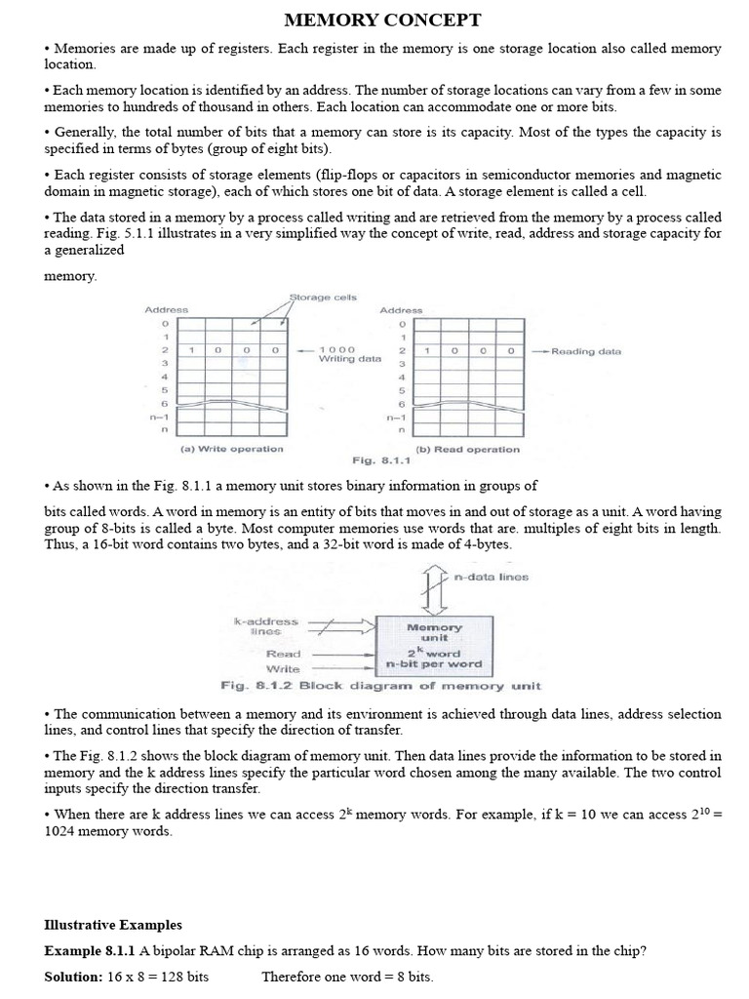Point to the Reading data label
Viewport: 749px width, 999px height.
585,351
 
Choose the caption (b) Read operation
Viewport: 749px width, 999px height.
467,450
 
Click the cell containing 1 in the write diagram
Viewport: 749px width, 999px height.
192,349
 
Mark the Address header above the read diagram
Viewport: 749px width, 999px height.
401,309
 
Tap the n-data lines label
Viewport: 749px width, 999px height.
492,577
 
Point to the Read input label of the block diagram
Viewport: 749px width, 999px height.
284,654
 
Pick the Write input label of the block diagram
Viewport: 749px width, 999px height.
284,669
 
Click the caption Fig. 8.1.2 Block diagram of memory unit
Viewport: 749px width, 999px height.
380,686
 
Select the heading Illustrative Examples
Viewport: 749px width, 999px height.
113,925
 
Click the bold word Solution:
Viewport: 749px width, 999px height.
73,977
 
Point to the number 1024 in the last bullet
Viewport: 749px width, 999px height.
61,831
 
